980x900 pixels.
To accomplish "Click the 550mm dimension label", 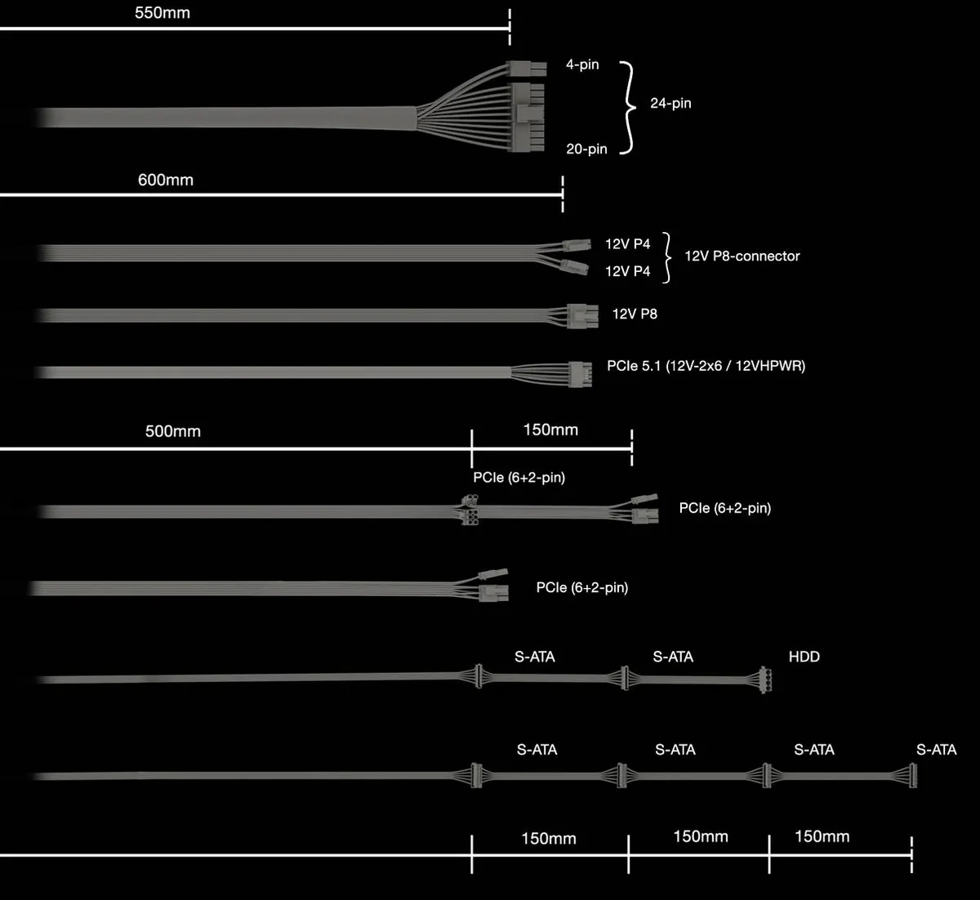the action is coord(163,13).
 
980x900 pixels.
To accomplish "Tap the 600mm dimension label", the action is coord(166,180).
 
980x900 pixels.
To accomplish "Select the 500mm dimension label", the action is coord(173,431).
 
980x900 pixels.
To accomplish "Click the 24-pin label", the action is coord(670,103).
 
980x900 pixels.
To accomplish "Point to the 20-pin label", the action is coord(586,149).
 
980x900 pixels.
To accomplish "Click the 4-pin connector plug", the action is coord(526,69).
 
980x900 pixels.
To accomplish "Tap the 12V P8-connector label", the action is coord(742,256).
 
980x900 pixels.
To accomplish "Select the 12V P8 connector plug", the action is coord(583,316).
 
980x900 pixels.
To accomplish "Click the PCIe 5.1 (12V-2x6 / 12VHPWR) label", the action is coord(706,366).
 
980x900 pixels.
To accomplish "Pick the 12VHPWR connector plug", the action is coord(581,374).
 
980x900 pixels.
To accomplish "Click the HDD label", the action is coord(804,656).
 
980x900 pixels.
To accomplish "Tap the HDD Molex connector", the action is coord(765,679).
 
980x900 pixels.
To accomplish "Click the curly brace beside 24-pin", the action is coord(628,108).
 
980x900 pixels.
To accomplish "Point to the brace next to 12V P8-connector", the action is coord(667,257).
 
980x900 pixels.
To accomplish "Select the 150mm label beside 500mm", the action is coord(550,430).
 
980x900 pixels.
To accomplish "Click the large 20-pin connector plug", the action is coord(528,118).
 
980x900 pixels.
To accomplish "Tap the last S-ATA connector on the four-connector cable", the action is coord(912,775).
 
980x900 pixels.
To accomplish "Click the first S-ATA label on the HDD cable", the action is coord(534,656).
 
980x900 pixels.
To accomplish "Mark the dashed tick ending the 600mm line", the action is coord(563,194).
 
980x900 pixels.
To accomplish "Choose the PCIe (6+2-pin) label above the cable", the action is coord(519,477).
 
